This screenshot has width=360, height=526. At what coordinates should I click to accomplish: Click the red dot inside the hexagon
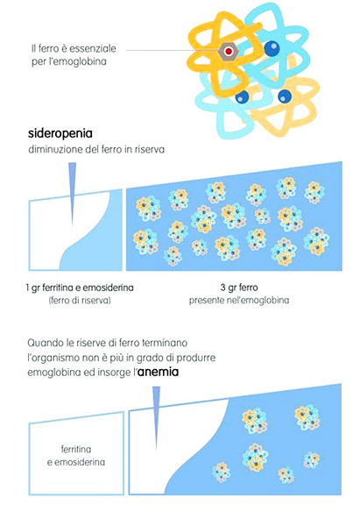click(x=229, y=52)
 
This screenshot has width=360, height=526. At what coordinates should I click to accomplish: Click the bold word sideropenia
click(x=60, y=133)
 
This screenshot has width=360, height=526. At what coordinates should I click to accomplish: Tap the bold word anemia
click(x=159, y=372)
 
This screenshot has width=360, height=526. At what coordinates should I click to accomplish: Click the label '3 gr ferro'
click(x=239, y=288)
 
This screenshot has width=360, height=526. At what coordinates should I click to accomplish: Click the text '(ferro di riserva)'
click(x=80, y=300)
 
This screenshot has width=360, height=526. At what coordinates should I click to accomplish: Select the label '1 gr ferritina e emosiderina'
click(x=80, y=288)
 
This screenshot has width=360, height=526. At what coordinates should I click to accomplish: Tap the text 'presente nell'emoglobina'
click(x=239, y=300)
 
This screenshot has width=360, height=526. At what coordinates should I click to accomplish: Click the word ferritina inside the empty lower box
click(x=76, y=449)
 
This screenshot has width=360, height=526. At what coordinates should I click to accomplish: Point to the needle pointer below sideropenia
click(x=73, y=194)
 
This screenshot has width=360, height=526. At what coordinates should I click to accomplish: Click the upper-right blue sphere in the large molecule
click(x=272, y=48)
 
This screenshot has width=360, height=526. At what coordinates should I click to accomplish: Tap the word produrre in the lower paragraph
click(x=196, y=358)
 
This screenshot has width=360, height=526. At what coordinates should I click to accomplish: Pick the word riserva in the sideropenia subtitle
click(x=150, y=150)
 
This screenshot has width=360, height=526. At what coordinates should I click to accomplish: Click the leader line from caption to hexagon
click(x=172, y=51)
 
